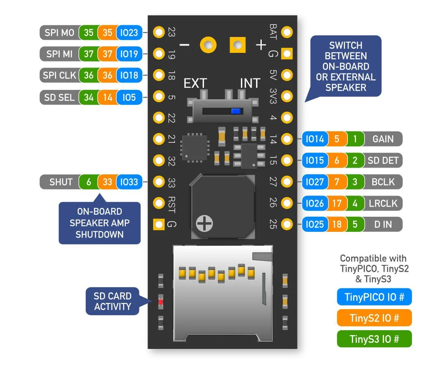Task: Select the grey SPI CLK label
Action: point(59,75)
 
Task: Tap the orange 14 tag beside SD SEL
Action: point(107,97)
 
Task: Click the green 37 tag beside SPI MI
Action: point(88,54)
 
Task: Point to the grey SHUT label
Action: point(61,182)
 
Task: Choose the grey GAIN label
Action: point(382,139)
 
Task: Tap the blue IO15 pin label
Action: point(315,160)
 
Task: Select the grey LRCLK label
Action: point(382,203)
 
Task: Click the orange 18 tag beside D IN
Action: point(337,224)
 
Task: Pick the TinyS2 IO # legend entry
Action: point(374,318)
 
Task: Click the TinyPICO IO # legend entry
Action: point(374,296)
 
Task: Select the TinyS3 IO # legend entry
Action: point(374,339)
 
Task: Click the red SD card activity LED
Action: point(161,302)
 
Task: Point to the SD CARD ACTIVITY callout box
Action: point(112,301)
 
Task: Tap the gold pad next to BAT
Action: point(287,32)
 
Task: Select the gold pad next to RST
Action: point(158,203)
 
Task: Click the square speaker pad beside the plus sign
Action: point(238,45)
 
